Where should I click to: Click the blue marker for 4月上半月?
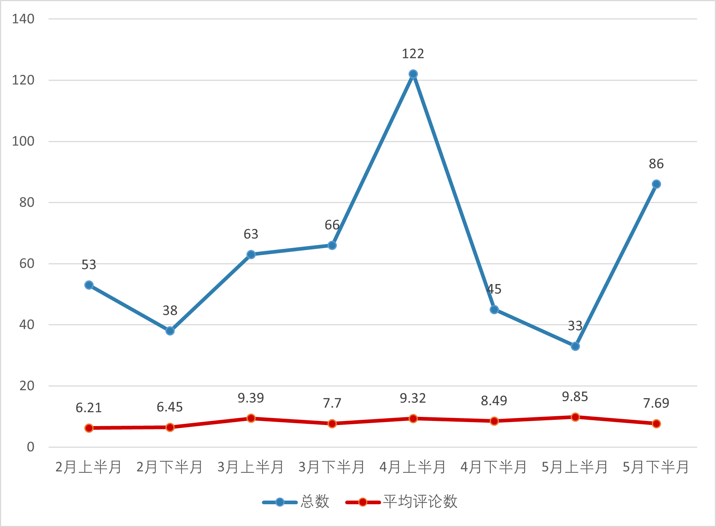tap(413, 74)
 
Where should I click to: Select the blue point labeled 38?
tap(170, 331)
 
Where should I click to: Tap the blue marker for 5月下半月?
tap(656, 184)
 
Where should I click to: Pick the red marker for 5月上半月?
tap(575, 417)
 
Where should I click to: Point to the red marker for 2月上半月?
tap(89, 428)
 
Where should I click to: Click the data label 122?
tap(413, 54)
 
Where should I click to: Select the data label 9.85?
tap(575, 397)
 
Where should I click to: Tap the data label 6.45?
tap(170, 407)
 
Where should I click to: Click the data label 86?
tap(656, 164)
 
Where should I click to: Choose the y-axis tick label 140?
tap(23, 19)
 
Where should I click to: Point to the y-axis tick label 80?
tap(27, 202)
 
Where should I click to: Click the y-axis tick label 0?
tap(30, 447)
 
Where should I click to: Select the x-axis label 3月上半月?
tap(251, 467)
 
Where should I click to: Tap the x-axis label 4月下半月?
tap(494, 467)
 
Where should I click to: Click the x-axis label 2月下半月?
tap(170, 467)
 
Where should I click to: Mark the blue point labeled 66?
tap(332, 246)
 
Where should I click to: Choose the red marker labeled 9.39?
tap(251, 418)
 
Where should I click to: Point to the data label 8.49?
tap(494, 401)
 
